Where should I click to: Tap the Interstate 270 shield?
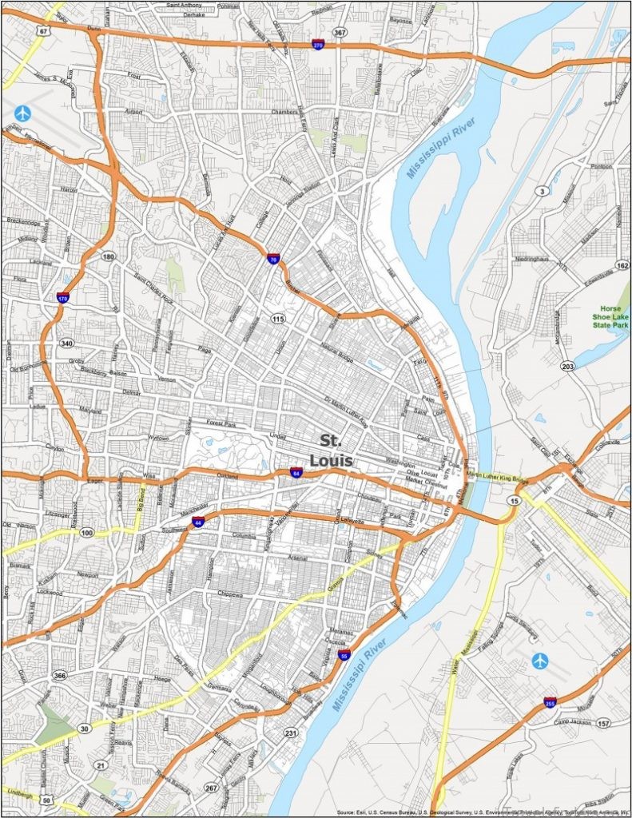tap(318, 46)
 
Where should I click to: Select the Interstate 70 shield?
tap(273, 260)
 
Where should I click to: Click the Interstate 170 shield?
tap(62, 298)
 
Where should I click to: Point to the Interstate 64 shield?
tap(296, 472)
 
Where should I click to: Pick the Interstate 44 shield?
tap(197, 522)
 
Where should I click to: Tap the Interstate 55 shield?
tap(344, 655)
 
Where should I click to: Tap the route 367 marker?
tap(341, 33)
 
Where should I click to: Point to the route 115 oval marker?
tap(277, 319)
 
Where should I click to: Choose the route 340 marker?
tap(66, 343)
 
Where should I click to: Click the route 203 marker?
tap(568, 366)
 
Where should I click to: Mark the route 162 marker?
tap(622, 264)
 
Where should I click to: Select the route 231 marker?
tap(291, 733)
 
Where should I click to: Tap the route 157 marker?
tap(602, 723)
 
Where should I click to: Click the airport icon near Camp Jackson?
tap(540, 661)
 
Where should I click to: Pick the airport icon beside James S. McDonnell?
tap(22, 113)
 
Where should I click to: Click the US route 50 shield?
tap(48, 800)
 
